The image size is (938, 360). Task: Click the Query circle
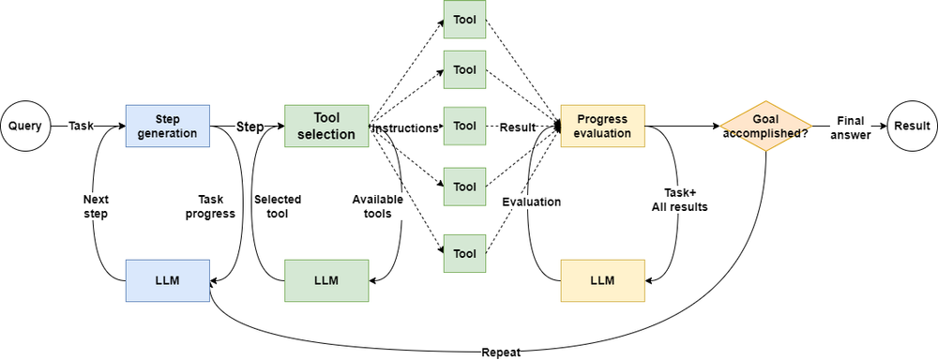[x=26, y=127]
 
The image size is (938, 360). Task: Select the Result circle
[x=912, y=127]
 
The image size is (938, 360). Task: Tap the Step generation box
[x=167, y=127]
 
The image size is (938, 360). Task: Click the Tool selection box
[x=326, y=127]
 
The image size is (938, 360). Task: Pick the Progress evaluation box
[x=602, y=127]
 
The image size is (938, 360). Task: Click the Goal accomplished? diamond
[x=765, y=127]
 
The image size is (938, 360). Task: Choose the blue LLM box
[x=167, y=280]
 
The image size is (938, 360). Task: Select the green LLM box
[x=326, y=280]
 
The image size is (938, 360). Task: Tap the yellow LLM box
[x=602, y=280]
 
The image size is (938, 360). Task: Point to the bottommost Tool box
[x=464, y=254]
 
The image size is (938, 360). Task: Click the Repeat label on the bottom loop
[x=501, y=352]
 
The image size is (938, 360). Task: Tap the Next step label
[x=96, y=206]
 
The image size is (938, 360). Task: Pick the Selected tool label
[x=273, y=206]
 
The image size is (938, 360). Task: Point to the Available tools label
[x=371, y=206]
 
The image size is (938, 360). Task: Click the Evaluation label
[x=531, y=202]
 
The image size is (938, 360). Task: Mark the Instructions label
[x=407, y=127]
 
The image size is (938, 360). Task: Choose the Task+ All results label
[x=679, y=200]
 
